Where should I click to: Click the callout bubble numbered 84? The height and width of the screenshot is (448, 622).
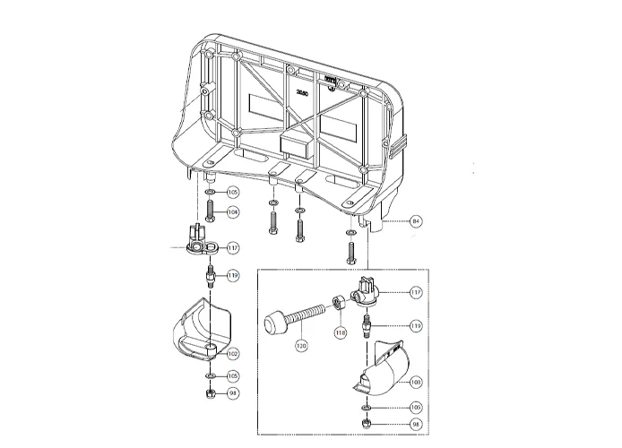pos(416,220)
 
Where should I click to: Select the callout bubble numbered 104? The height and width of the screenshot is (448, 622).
pos(233,212)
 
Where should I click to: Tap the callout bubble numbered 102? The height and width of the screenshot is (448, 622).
pos(233,355)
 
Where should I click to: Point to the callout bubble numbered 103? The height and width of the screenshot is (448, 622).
pos(415,382)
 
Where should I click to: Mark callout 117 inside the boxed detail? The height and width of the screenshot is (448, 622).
pos(416,292)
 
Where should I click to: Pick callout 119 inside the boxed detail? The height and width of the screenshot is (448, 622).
pos(416,326)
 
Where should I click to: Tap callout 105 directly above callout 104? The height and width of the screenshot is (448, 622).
pos(233,192)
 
